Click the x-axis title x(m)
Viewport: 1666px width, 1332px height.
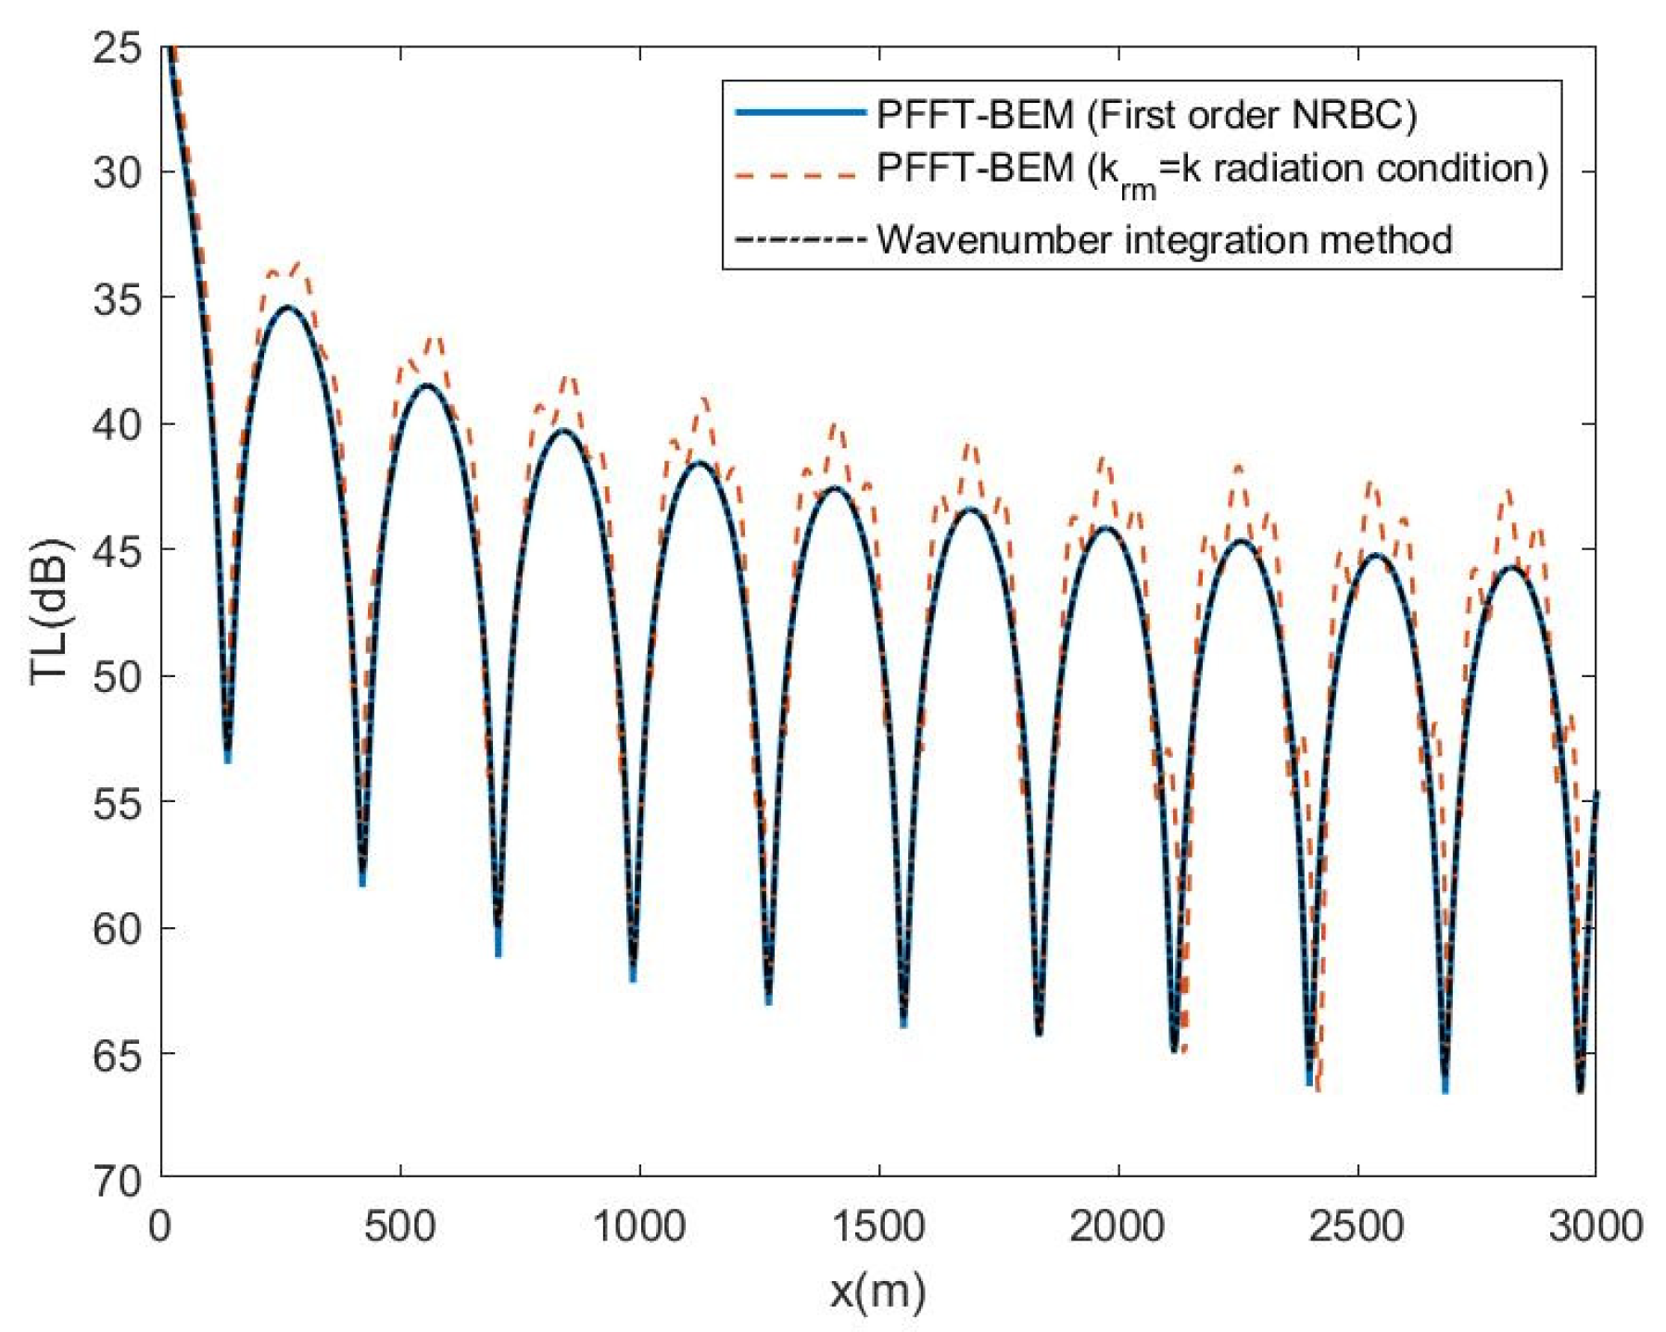[877, 1290]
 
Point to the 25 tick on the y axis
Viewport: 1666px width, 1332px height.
[118, 47]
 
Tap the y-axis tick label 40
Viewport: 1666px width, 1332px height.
[118, 425]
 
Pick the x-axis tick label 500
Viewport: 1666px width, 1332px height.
[399, 1227]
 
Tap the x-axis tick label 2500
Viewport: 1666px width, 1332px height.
[1357, 1227]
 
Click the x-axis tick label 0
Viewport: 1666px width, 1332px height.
[161, 1227]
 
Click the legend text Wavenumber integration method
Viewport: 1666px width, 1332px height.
[1164, 240]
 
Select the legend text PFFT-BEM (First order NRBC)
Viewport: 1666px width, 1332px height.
[1146, 115]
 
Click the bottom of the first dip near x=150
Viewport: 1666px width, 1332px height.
[228, 755]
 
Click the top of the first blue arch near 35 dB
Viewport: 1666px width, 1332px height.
[288, 308]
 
